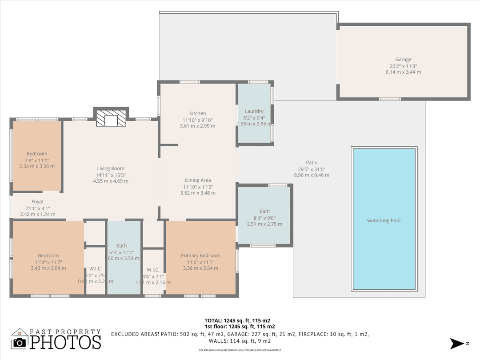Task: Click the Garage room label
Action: coord(403,60)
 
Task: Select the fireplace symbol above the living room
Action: coord(111,119)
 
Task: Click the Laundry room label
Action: coord(254,111)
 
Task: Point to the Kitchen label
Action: coord(197,113)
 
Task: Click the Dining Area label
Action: coord(198,180)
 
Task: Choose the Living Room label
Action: coord(111,168)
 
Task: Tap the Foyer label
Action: coord(38,202)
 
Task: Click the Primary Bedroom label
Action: coord(200,256)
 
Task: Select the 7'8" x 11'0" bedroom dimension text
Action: coord(37,160)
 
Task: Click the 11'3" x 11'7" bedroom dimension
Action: coord(48,262)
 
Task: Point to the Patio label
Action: coord(312,163)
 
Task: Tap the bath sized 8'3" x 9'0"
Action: coord(264,212)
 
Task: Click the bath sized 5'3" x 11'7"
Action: coord(121,246)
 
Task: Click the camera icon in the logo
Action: coord(20,342)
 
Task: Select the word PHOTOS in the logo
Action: coord(65,342)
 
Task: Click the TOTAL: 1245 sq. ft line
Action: coord(237,320)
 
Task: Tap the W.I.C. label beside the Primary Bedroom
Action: coord(153,270)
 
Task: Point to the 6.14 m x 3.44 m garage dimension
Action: coord(403,72)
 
